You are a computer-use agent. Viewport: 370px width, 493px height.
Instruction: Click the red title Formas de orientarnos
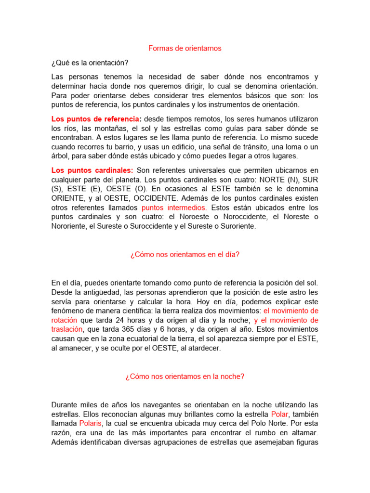185,49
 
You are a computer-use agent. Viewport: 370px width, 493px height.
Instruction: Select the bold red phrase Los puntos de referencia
95,119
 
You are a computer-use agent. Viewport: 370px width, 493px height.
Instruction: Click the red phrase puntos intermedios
174,208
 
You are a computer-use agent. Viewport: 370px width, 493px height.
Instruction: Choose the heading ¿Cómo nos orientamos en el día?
185,255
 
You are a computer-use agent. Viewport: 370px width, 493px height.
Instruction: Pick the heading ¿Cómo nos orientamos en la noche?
185,377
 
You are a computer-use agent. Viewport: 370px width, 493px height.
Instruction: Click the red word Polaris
91,423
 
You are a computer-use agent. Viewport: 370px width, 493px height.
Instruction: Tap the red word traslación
67,330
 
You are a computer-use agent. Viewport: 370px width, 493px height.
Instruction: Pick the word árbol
61,156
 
